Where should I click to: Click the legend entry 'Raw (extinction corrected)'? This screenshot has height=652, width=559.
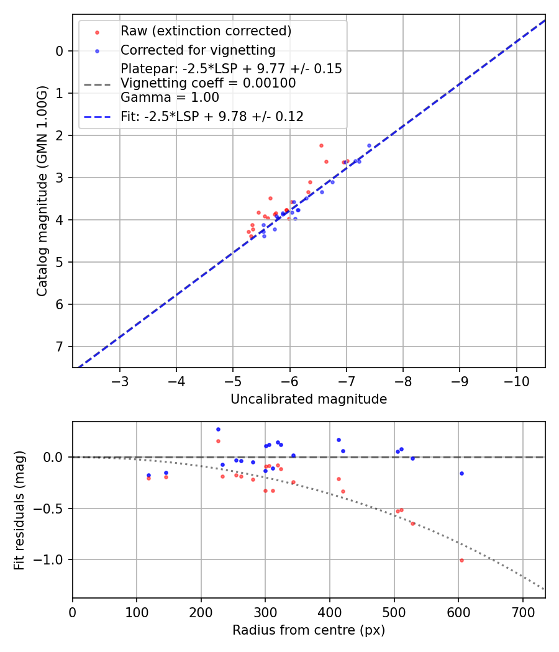[206, 30]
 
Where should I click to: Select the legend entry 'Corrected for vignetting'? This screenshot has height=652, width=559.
[198, 50]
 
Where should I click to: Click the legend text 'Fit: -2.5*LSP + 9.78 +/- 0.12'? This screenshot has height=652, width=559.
[212, 117]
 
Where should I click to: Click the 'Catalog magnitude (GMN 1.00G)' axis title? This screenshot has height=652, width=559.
[42, 191]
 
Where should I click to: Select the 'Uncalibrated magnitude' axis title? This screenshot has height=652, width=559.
[309, 399]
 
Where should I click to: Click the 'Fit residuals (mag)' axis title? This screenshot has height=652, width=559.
[19, 510]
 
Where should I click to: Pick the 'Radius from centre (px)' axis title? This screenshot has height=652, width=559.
[309, 630]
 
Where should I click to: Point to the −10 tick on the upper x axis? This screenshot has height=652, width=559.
[516, 380]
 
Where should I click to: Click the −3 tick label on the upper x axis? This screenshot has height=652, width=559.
[120, 380]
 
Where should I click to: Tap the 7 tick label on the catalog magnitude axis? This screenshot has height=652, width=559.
[60, 346]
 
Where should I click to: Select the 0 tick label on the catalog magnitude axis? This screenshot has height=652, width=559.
[60, 51]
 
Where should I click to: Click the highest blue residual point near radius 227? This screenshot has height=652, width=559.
[218, 429]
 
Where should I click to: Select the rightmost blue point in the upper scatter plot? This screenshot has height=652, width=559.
[369, 145]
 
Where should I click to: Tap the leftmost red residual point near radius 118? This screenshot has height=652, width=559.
[148, 478]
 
